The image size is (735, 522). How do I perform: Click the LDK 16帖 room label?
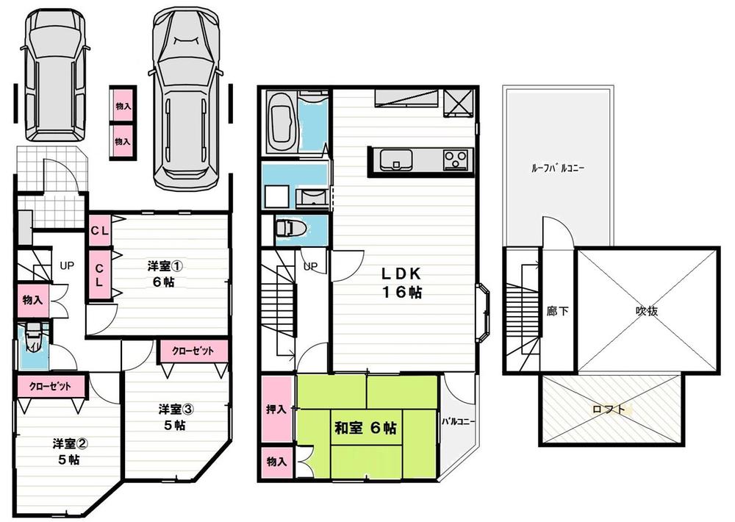401,282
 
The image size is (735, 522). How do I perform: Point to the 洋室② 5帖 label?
71,451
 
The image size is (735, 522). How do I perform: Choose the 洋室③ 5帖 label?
174,416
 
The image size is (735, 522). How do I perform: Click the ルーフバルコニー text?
557,168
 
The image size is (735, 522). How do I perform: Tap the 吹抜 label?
646,310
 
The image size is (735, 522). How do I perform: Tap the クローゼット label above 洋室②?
50,385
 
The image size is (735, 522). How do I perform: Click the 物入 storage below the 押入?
276,462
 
